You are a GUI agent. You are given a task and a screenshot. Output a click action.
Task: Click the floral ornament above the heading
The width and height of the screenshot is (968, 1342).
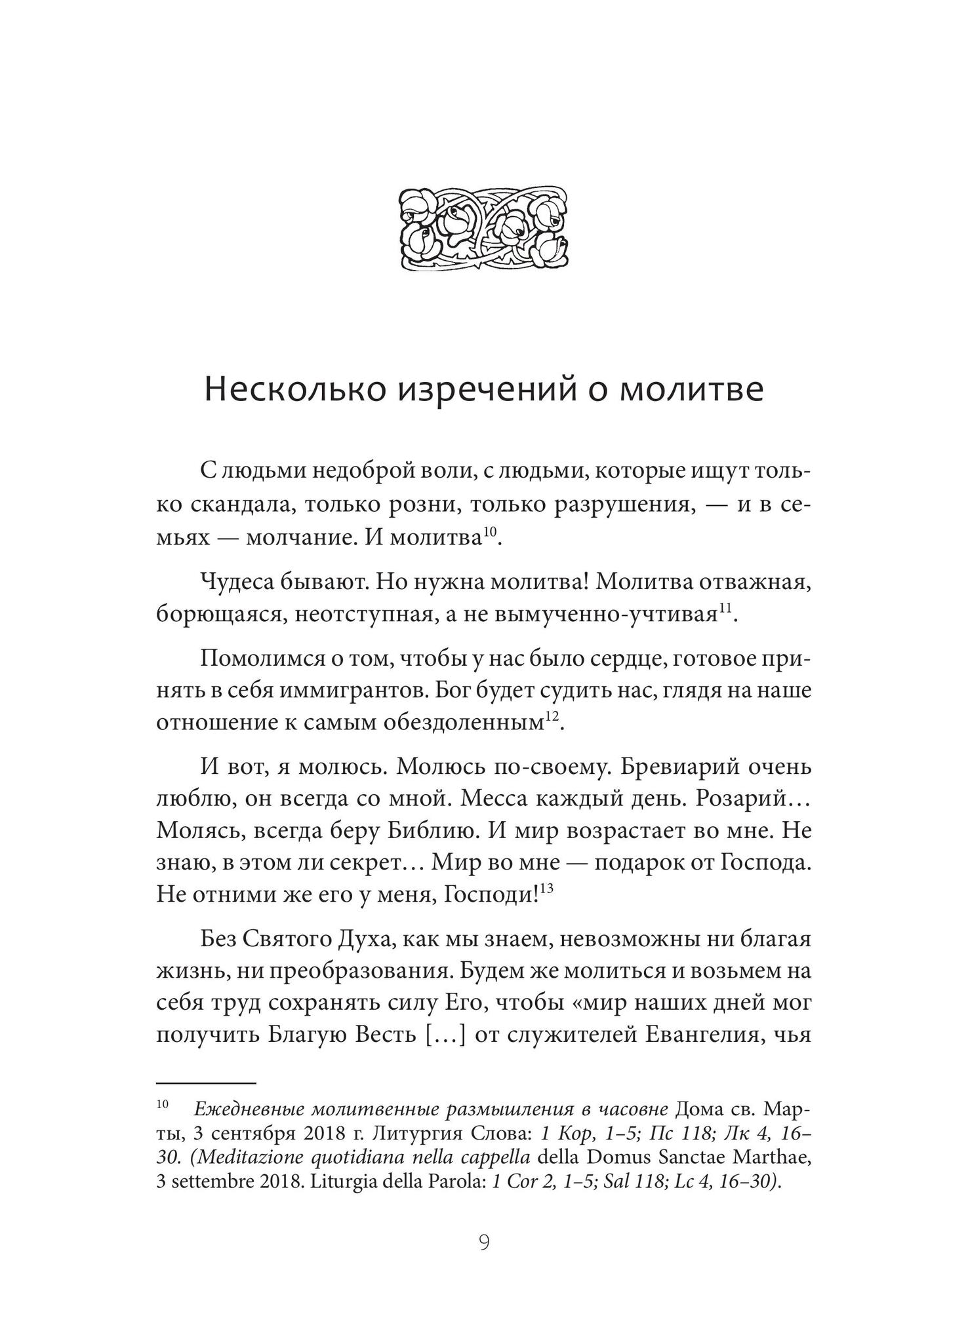click(x=483, y=227)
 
